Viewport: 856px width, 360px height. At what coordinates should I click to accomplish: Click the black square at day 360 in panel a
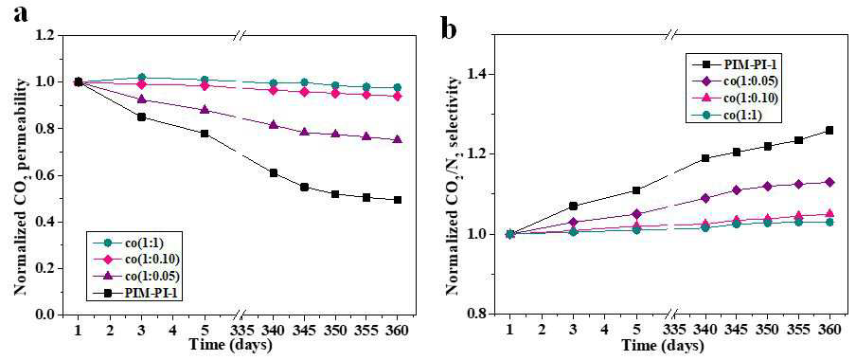[x=398, y=200]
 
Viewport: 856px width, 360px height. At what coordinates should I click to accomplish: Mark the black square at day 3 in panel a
[x=141, y=117]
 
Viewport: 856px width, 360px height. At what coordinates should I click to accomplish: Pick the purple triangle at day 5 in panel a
[x=205, y=110]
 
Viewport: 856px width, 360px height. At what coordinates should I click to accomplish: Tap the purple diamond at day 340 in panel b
[x=704, y=198]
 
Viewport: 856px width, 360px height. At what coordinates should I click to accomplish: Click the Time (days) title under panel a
[x=230, y=346]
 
